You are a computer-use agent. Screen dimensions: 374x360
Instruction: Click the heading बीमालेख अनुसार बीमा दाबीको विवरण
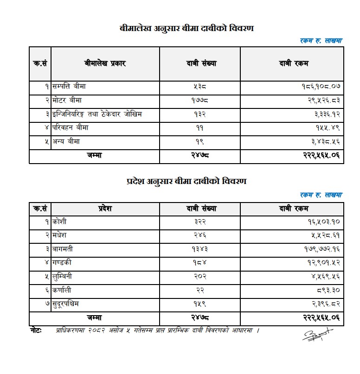186,29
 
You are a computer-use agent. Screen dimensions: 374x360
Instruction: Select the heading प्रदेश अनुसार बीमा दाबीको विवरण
186,181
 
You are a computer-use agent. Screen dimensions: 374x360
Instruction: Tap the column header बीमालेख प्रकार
105,63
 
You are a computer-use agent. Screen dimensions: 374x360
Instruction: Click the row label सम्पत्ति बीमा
69,86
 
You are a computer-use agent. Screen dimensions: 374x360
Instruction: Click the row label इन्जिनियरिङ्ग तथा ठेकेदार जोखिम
97,114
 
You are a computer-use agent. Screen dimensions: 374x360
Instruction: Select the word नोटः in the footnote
36,330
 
